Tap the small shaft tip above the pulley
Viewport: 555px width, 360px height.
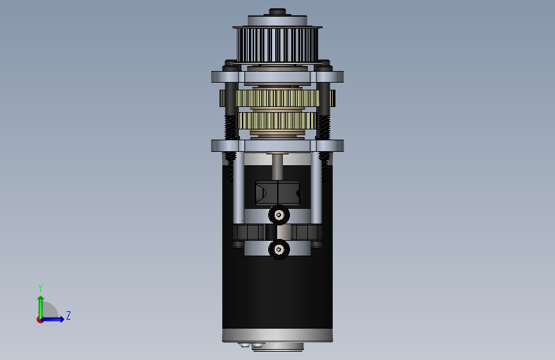277,12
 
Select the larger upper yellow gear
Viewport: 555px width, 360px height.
277,98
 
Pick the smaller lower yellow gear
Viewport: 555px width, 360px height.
277,121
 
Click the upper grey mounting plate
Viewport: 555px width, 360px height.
277,77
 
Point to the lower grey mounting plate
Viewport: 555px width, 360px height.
277,145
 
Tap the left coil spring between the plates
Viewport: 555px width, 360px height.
231,127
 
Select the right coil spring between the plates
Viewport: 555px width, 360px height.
324,127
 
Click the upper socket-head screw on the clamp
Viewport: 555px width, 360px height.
279,215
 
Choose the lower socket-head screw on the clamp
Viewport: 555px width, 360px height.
279,249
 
